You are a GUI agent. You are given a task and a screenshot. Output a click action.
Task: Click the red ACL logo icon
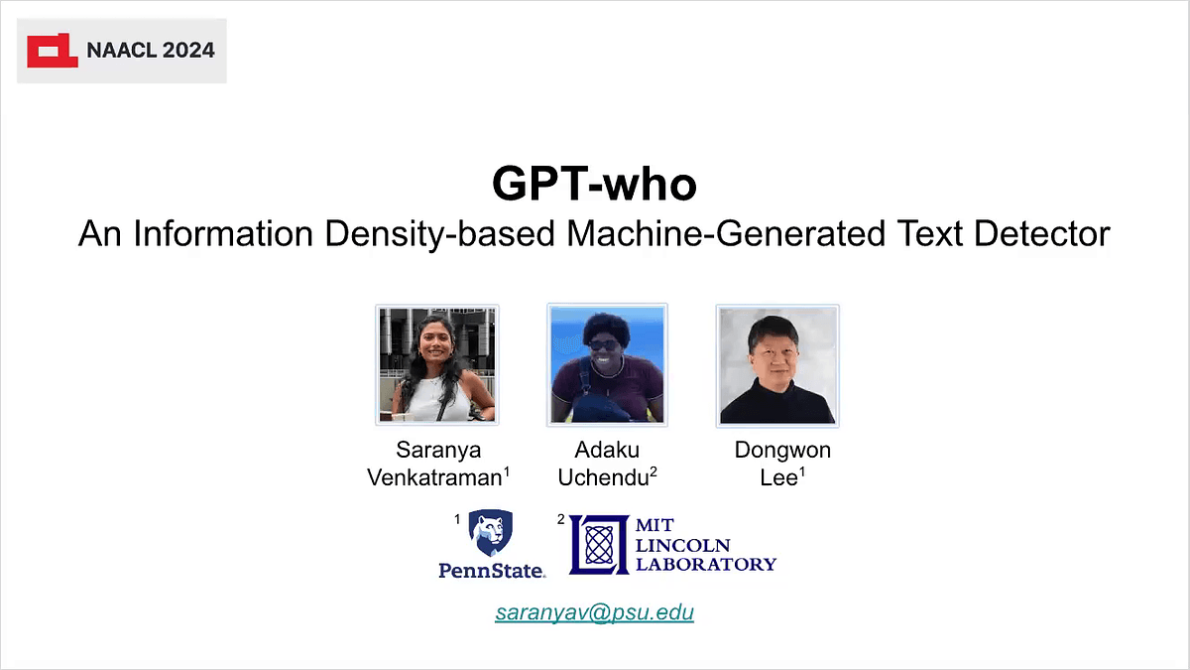52,51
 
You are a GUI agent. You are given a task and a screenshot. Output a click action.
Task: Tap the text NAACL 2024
151,51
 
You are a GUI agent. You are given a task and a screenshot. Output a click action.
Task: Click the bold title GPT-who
594,184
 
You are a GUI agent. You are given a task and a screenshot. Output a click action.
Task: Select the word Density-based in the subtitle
440,234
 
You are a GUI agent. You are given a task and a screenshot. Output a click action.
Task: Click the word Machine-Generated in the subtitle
726,233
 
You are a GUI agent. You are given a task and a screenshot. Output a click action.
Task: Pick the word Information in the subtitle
223,233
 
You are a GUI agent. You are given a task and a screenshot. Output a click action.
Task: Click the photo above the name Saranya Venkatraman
436,365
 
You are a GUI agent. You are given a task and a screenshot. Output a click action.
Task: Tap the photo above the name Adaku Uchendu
607,365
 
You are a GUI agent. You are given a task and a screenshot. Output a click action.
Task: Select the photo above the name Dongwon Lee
777,366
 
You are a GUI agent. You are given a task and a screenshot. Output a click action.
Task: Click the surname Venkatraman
435,477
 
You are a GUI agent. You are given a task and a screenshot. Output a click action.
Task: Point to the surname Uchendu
604,477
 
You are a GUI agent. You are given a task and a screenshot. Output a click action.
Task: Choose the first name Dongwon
782,451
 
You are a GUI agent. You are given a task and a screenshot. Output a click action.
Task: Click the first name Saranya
438,451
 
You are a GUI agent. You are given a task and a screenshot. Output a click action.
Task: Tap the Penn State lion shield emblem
490,533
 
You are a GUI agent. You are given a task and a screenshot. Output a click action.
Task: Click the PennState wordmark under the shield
492,571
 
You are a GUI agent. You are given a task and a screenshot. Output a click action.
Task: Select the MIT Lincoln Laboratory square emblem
599,545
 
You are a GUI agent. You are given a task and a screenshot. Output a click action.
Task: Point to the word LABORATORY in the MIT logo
706,564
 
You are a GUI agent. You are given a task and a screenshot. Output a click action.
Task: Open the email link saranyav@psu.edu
594,612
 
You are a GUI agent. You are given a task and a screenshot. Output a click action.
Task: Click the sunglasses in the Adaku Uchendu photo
604,345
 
